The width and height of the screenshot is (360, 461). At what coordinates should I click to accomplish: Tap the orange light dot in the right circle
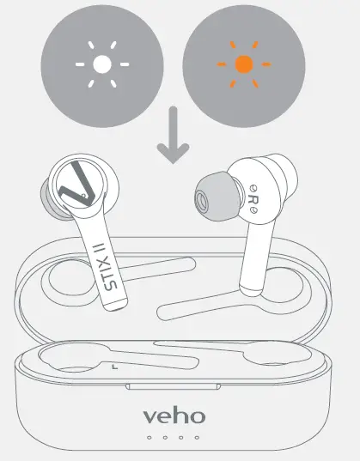click(x=244, y=64)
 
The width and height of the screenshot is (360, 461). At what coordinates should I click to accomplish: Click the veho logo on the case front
click(x=174, y=416)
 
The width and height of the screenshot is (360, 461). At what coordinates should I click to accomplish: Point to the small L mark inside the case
click(x=113, y=366)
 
